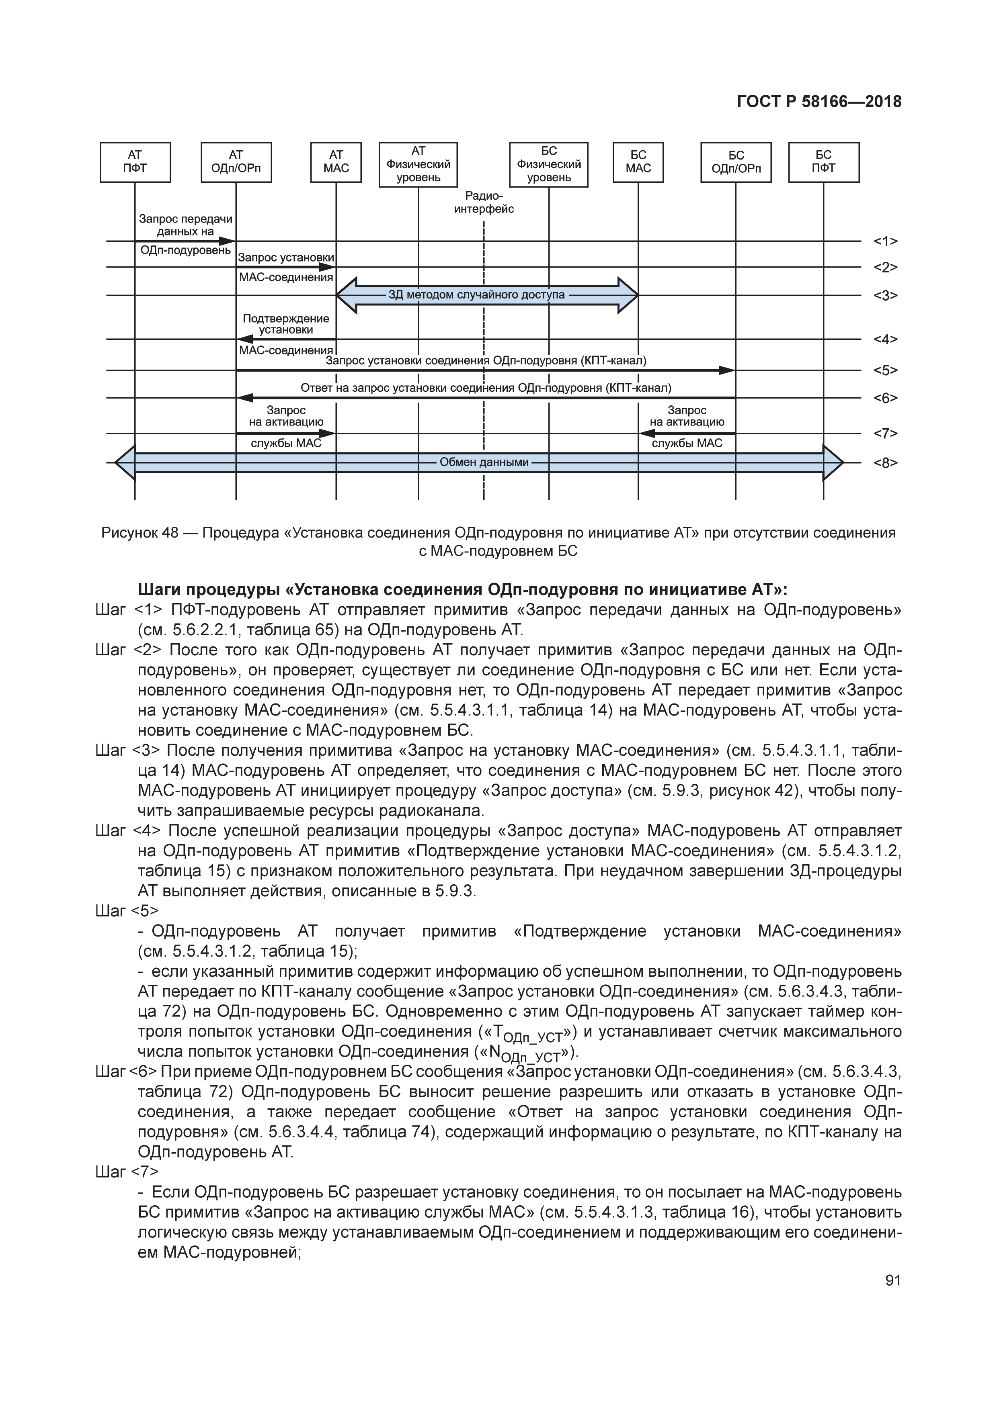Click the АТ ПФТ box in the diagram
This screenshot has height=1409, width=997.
tap(135, 163)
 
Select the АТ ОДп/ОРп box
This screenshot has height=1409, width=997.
tap(236, 163)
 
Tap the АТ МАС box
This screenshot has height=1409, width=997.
tap(336, 163)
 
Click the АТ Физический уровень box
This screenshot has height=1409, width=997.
tap(418, 164)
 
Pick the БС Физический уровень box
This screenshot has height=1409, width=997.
tap(548, 164)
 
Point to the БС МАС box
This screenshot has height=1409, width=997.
tap(638, 163)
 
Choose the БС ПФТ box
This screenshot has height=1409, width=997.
tap(823, 163)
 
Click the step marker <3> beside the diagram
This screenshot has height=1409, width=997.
tap(885, 296)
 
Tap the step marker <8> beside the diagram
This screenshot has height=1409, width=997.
tap(885, 463)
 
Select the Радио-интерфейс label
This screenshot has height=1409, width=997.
tap(484, 202)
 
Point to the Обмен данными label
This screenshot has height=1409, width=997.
tap(484, 462)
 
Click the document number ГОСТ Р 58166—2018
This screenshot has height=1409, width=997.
tap(819, 102)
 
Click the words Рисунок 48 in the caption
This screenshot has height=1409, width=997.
tap(140, 533)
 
